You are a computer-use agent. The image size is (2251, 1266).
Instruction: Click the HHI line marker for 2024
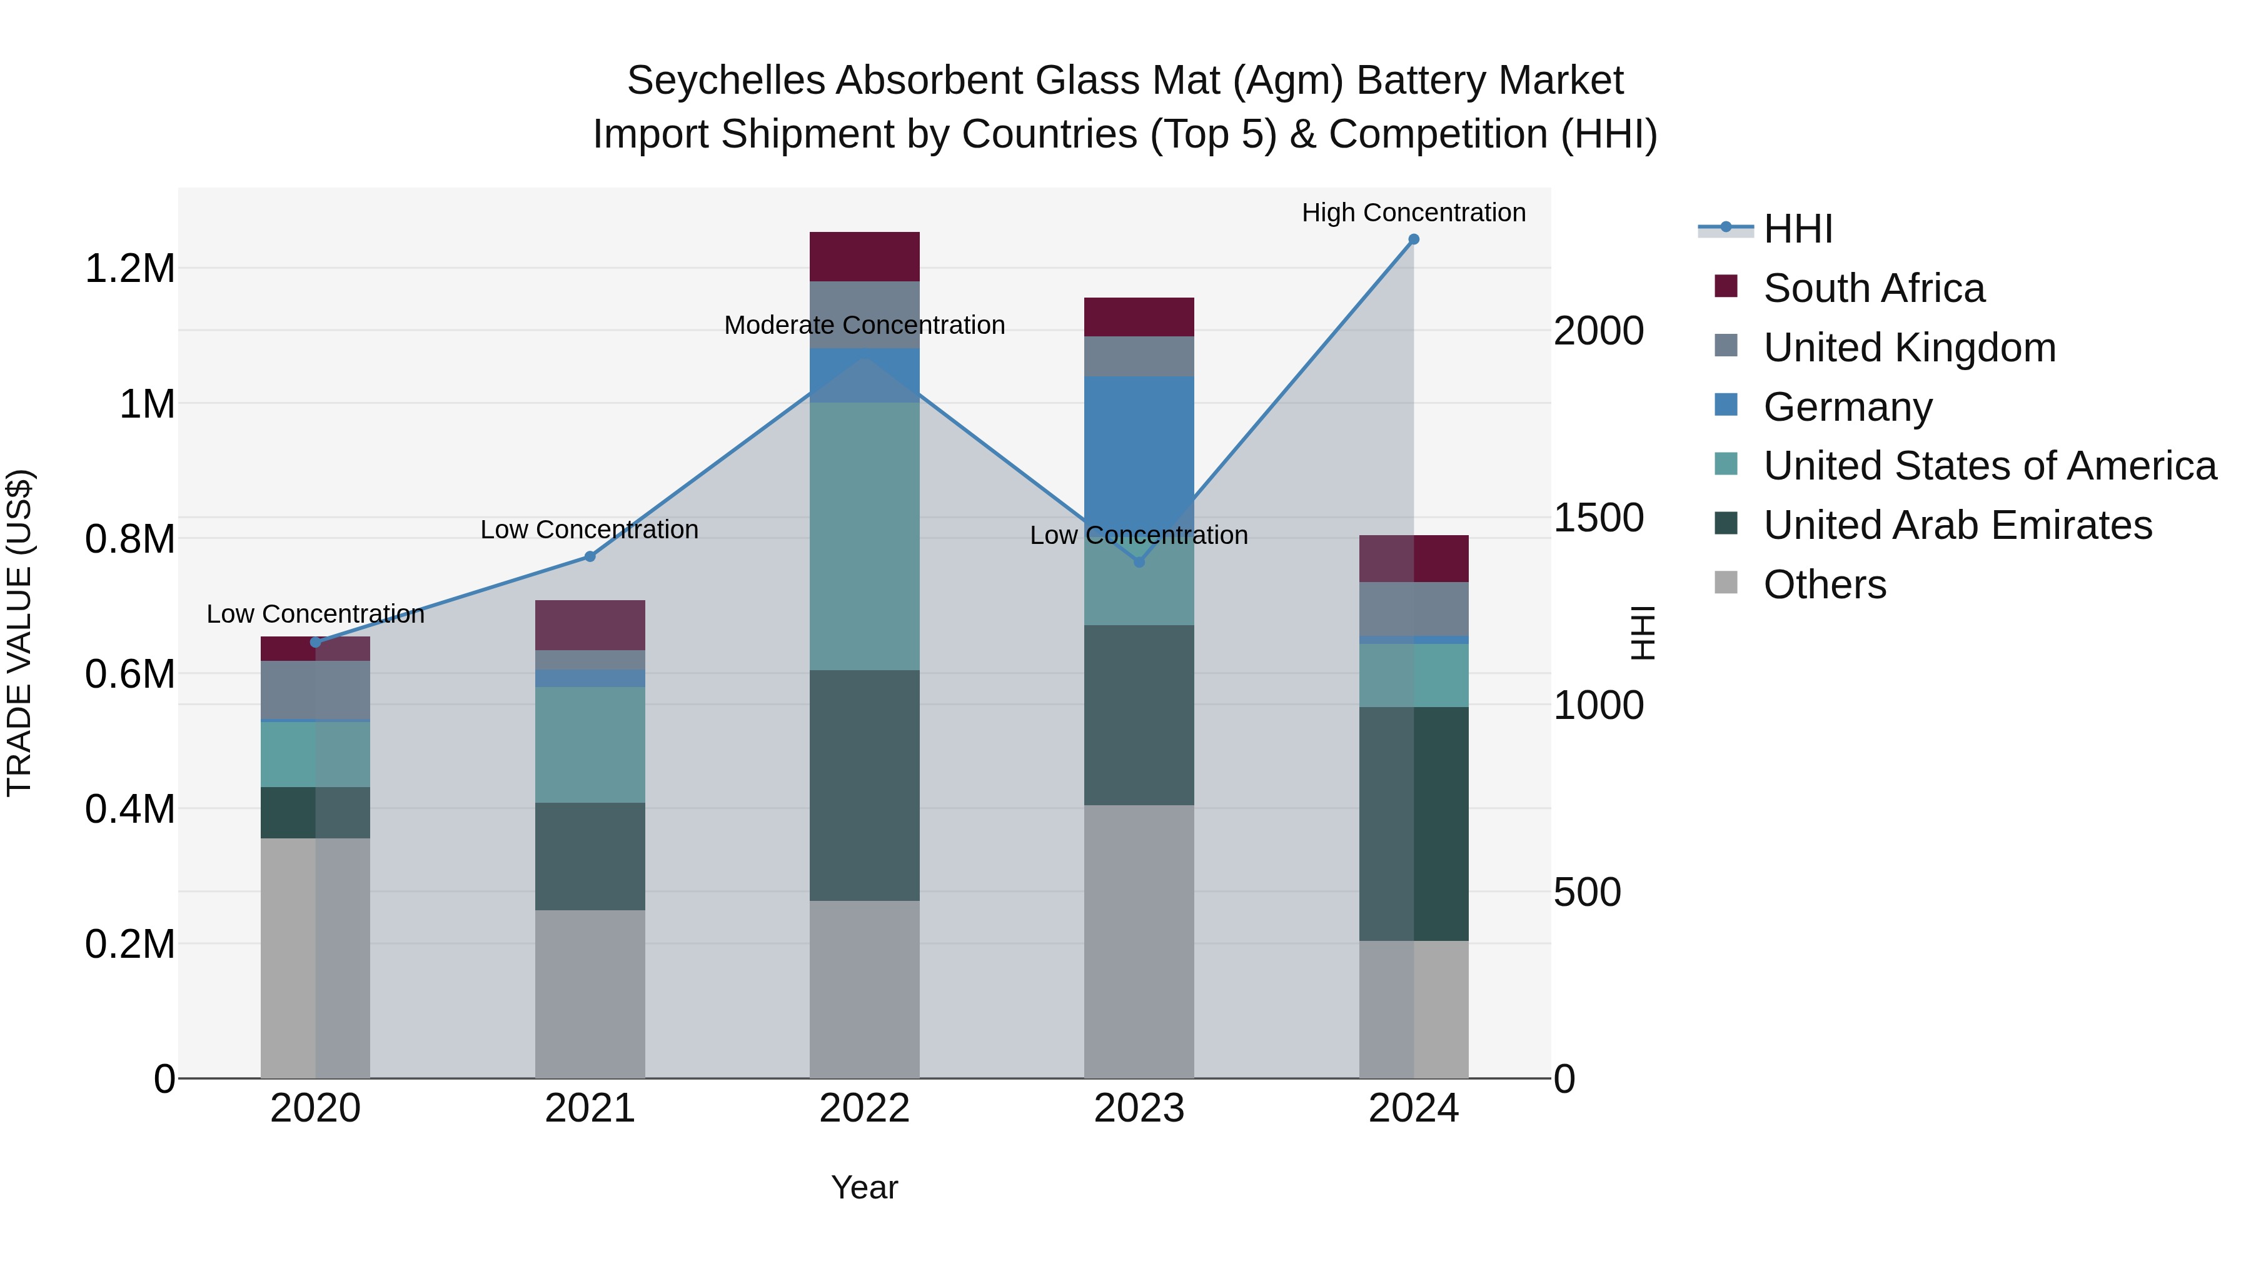click(1413, 239)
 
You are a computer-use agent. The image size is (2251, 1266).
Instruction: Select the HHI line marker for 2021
click(590, 556)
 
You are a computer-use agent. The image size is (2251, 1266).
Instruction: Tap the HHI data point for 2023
click(1139, 562)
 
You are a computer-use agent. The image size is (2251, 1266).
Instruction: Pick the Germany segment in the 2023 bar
click(1139, 446)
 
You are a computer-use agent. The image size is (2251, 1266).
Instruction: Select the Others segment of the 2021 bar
click(590, 993)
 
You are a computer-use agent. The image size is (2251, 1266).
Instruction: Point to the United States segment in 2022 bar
click(864, 536)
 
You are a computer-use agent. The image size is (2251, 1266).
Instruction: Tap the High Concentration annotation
click(1413, 213)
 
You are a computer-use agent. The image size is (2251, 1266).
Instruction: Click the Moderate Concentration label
click(864, 325)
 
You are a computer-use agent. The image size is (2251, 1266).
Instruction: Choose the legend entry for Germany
click(1847, 407)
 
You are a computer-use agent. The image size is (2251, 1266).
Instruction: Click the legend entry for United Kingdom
click(1910, 348)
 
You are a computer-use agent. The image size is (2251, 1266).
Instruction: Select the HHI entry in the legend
click(1798, 229)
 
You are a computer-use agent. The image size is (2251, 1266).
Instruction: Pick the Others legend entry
click(1825, 585)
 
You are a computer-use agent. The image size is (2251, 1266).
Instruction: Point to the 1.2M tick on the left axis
click(129, 268)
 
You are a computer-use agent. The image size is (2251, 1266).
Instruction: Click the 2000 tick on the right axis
click(1598, 331)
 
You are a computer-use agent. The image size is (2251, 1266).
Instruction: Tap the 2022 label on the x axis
click(864, 1108)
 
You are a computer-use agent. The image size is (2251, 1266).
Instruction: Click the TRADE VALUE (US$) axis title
click(19, 633)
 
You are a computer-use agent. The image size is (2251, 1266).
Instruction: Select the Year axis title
click(864, 1187)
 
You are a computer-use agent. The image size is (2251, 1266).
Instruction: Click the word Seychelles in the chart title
click(726, 81)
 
